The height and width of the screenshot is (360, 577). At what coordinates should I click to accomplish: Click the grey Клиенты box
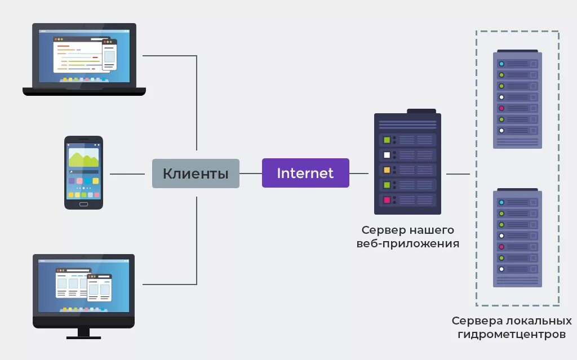[196, 174]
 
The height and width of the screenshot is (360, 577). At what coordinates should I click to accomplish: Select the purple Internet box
[305, 173]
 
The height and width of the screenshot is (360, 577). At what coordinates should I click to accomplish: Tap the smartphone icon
[83, 172]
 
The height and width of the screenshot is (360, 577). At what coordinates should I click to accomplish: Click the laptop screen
[84, 56]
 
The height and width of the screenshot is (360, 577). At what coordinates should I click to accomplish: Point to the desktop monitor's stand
[83, 333]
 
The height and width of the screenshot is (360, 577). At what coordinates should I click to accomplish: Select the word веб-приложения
[408, 244]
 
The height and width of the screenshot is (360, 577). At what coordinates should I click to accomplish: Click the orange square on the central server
[387, 170]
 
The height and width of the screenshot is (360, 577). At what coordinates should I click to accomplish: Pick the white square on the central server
[387, 155]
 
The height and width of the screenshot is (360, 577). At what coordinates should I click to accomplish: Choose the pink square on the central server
[387, 199]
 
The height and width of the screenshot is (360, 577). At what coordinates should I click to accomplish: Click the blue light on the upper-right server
[501, 64]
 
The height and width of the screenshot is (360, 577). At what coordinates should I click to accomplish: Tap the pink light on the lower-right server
[501, 247]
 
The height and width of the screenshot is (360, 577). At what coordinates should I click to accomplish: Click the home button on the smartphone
[83, 203]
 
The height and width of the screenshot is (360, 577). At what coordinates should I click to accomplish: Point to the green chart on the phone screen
[83, 159]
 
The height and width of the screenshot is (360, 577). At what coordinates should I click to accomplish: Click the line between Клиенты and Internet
[250, 174]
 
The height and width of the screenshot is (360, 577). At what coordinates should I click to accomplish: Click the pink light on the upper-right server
[501, 108]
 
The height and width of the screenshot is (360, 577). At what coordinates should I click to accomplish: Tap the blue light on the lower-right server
[501, 202]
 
